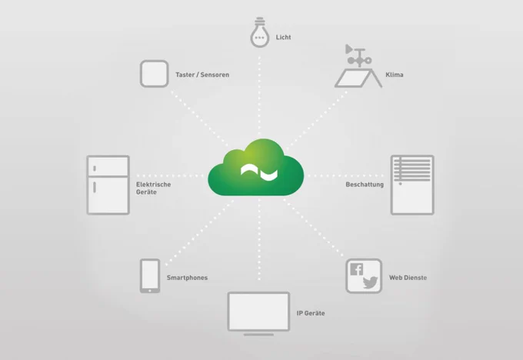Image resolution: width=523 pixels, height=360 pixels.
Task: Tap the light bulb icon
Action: (259, 32)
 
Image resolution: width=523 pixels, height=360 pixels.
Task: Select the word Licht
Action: (283, 37)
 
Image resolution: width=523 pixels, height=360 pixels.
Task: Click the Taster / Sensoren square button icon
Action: (154, 74)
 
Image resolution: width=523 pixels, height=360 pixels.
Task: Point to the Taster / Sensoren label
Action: (202, 75)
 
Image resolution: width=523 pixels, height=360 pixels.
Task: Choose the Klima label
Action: (395, 75)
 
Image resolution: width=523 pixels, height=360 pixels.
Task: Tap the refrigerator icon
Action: (108, 185)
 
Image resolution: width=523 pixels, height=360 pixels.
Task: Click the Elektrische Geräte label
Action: (153, 188)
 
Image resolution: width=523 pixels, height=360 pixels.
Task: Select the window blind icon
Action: (412, 185)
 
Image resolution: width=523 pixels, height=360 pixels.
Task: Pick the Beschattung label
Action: (365, 185)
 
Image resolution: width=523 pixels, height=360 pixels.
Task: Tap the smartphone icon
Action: (150, 276)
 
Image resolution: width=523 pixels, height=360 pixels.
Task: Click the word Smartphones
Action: (187, 278)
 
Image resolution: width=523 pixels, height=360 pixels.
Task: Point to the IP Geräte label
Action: (311, 313)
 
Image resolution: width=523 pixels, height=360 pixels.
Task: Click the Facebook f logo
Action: (356, 269)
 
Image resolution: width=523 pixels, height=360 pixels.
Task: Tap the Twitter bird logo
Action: (370, 282)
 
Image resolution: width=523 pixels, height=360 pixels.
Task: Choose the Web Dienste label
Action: (408, 278)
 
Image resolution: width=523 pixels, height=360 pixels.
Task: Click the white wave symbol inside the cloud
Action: (259, 172)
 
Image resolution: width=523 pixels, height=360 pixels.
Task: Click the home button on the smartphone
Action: (150, 291)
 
